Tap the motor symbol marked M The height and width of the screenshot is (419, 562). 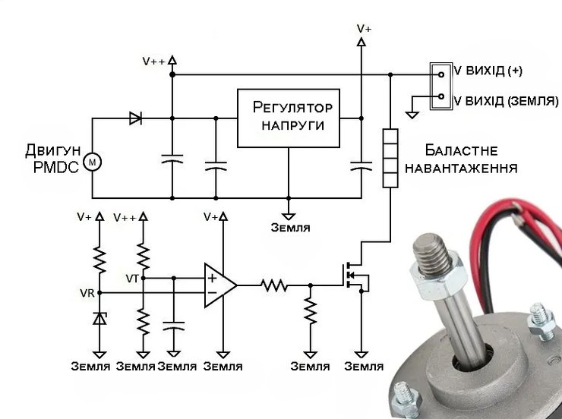[93, 162]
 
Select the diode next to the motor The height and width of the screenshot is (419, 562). [136, 118]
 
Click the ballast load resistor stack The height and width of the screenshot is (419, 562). [390, 158]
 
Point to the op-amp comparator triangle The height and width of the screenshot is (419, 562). [219, 285]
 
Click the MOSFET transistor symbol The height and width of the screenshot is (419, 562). [354, 276]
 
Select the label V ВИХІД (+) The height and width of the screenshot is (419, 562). [488, 71]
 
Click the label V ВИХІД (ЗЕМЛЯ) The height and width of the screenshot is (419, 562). [505, 99]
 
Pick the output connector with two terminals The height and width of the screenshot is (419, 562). [440, 84]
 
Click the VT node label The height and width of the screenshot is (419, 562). [132, 279]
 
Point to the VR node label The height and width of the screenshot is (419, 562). [86, 293]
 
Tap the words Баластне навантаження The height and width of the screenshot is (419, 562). [460, 159]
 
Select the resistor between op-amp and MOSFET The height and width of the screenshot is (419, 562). [273, 285]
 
